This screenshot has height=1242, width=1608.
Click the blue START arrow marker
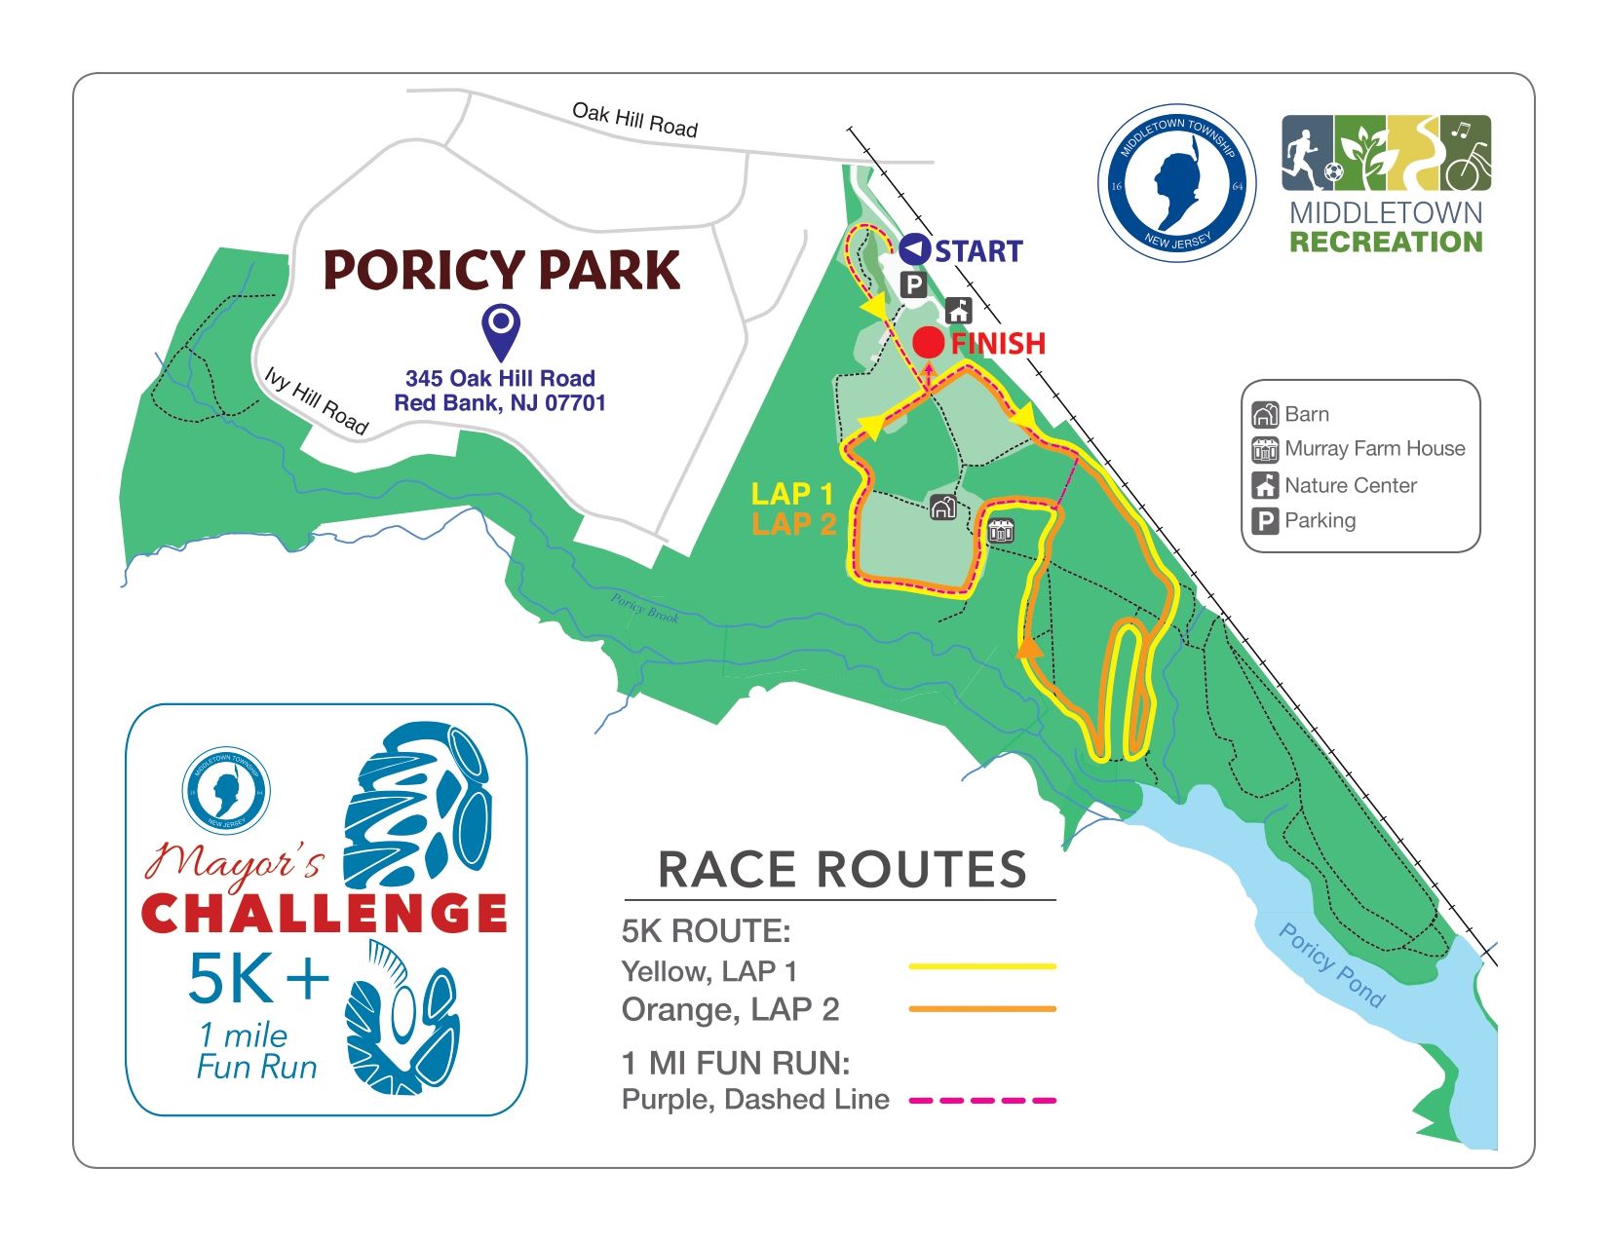tap(913, 250)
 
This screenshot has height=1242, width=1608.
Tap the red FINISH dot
tap(929, 343)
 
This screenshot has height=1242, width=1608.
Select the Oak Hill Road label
tap(634, 120)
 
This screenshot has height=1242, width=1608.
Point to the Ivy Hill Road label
tap(317, 400)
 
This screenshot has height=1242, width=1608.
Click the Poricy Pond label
tap(1330, 964)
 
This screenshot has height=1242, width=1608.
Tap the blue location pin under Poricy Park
tap(501, 331)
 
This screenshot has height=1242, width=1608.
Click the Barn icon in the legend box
tap(1265, 415)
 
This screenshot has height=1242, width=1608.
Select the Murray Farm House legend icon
tap(1265, 449)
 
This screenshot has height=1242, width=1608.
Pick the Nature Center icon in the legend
tap(1265, 485)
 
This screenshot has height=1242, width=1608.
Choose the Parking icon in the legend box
tap(1265, 521)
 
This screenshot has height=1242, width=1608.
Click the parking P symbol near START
tap(913, 285)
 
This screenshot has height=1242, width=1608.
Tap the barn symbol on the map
tap(942, 508)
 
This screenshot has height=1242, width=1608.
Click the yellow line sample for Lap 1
tap(981, 966)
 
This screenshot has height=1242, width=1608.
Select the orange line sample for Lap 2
tap(981, 1009)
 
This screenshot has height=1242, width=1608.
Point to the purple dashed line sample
tap(981, 1101)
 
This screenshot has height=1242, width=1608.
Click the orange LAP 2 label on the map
tap(794, 524)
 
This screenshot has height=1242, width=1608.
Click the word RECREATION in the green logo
tap(1386, 242)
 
